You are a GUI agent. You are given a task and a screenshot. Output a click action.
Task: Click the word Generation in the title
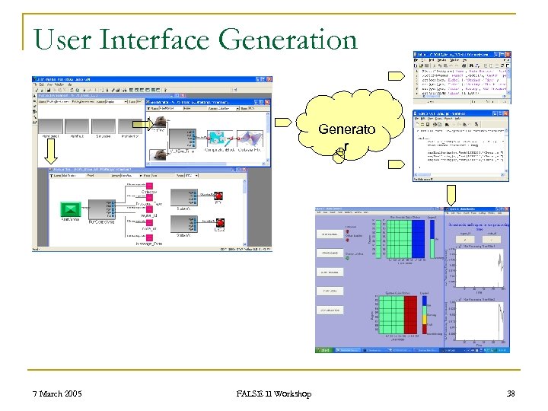click(x=282, y=38)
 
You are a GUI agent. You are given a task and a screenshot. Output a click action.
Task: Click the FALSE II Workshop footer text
click(x=273, y=393)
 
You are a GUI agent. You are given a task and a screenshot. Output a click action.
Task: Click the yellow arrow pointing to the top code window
click(x=397, y=75)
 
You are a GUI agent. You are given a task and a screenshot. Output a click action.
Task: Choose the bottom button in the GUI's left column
click(x=330, y=310)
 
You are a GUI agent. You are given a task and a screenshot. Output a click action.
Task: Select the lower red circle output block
click(x=220, y=222)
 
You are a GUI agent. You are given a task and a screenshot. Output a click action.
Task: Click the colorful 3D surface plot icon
click(x=249, y=137)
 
